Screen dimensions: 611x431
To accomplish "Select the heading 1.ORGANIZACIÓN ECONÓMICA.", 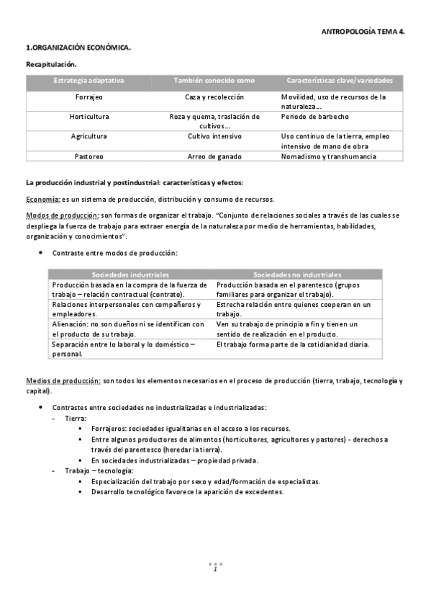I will [78, 48].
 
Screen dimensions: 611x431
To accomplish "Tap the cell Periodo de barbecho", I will [315, 116].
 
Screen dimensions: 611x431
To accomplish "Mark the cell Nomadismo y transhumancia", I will [328, 156].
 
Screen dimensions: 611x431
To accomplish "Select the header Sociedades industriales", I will [130, 275].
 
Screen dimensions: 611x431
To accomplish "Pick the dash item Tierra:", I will [76, 418].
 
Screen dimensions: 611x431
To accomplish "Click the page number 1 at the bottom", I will [215, 569].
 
